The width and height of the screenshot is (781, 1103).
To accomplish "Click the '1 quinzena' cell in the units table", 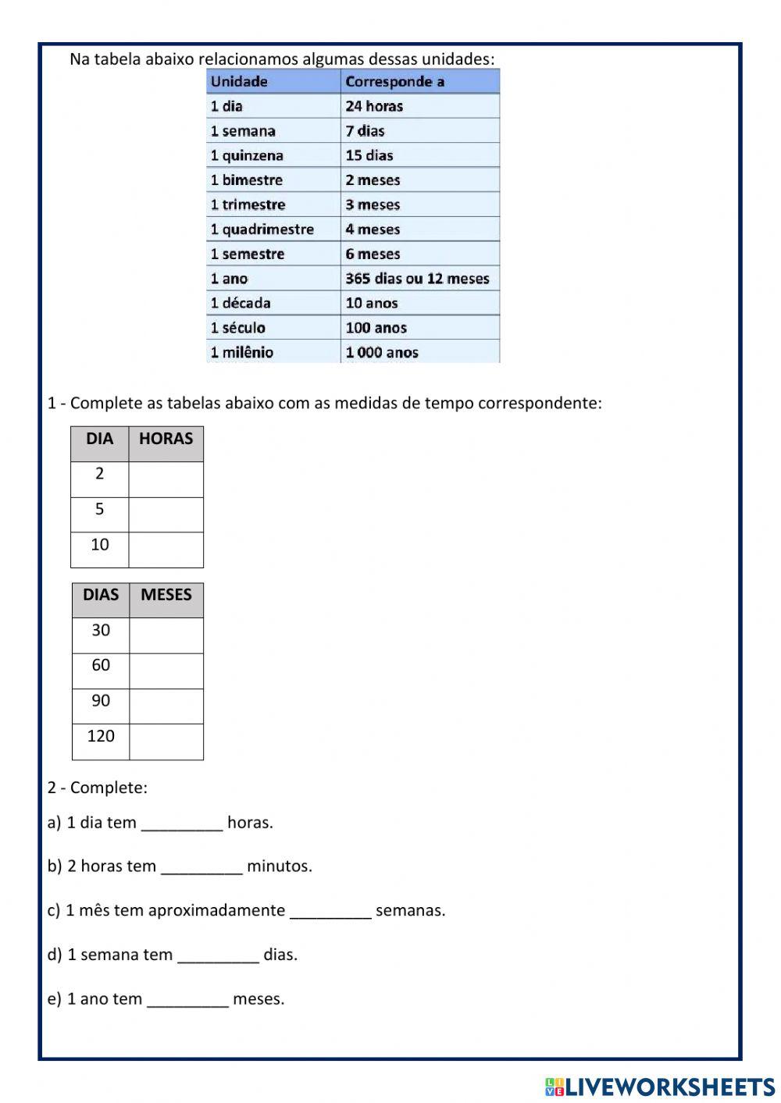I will (x=273, y=155).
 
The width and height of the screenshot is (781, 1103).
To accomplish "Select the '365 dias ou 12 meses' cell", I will (x=419, y=279).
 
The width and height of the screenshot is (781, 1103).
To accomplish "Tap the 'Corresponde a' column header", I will (x=419, y=81).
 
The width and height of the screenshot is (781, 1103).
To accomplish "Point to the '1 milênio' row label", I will (x=273, y=352).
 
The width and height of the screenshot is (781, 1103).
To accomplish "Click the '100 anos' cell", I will (x=419, y=328).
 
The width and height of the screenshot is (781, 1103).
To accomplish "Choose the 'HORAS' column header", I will (x=166, y=439).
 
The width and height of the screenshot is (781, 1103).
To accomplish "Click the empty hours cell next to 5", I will (x=166, y=514).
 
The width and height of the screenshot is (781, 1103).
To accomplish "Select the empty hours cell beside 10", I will (x=166, y=550).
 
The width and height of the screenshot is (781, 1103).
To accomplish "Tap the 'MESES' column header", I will (x=166, y=596).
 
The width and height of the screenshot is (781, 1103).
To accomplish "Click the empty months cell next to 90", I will (x=166, y=706).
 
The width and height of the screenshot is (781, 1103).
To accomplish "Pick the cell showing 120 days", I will (x=101, y=736).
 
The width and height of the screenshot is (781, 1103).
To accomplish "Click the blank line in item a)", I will (x=182, y=824).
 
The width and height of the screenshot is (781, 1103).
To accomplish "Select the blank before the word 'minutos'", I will (x=201, y=867).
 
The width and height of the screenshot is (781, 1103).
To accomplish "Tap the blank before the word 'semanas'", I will (x=330, y=912).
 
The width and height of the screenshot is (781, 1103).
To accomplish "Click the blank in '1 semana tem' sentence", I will (x=218, y=955).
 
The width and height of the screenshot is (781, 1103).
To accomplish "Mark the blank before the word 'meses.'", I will (x=187, y=1000).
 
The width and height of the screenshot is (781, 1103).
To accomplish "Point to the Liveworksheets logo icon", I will (x=555, y=1087).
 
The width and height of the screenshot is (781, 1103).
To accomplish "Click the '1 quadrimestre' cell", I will (x=273, y=229).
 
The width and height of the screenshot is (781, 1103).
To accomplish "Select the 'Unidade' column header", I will (x=273, y=81).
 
